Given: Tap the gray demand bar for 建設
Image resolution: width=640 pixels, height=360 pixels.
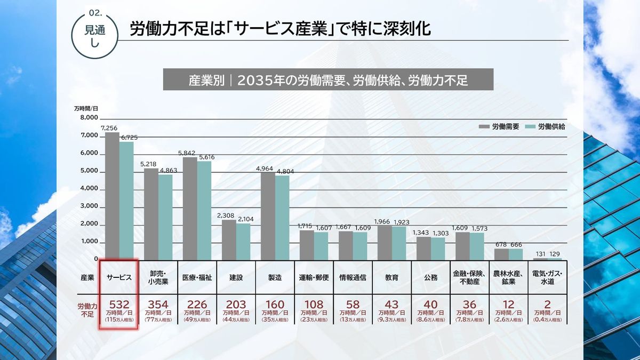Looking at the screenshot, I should click(229, 239).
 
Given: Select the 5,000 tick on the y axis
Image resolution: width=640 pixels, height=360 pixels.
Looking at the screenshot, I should click(89, 171).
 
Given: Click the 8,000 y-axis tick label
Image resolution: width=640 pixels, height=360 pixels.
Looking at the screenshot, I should click(89, 118).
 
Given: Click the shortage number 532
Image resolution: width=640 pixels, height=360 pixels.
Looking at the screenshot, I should click(119, 305).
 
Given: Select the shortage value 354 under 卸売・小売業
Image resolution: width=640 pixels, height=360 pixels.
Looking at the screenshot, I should click(158, 305).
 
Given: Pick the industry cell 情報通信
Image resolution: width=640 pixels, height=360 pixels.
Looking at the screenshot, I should click(353, 277).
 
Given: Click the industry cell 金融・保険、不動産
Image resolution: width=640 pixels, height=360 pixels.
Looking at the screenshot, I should click(469, 277).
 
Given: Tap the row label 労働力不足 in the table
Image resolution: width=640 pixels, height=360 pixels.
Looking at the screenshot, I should click(87, 310).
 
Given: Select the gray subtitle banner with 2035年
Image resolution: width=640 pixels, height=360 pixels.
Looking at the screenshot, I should click(328, 81).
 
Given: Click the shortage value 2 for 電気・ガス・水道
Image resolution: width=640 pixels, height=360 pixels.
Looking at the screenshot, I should click(547, 305).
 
